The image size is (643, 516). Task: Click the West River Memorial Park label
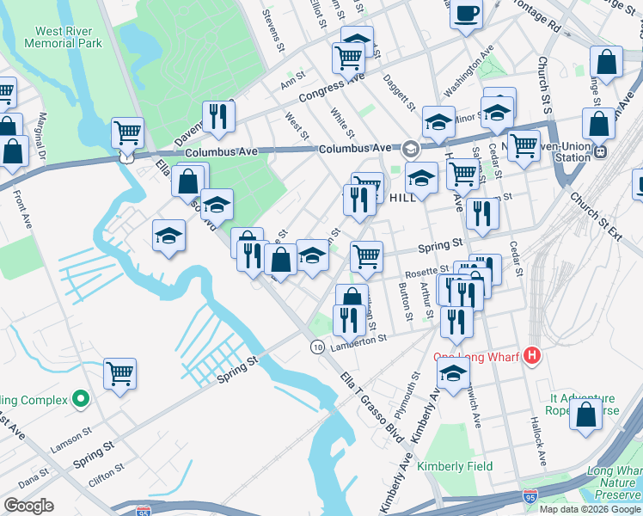click(x=69, y=37)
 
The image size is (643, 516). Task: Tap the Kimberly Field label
click(x=455, y=466)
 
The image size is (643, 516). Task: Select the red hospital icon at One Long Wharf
click(x=533, y=354)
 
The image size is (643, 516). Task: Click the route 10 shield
click(x=317, y=346)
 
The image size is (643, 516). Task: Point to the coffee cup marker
click(x=466, y=15)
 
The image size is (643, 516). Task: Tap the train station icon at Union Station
click(x=601, y=151)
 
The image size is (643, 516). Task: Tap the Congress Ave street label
click(x=332, y=86)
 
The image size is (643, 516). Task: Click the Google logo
click(x=29, y=506)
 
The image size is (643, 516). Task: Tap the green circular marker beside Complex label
click(x=80, y=398)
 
